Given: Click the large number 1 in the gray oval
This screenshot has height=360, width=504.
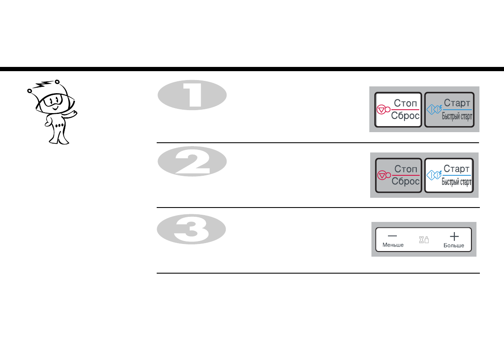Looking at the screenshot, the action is pos(193,95).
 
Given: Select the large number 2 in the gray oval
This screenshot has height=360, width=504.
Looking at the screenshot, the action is pos(192,161).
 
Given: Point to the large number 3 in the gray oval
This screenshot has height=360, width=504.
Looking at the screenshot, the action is pos(192,229).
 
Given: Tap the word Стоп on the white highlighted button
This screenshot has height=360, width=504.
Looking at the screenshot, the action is pos(405,103).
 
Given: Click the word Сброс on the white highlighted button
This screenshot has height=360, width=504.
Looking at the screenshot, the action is pos(405,116).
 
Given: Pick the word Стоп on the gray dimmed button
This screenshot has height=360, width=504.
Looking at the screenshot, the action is pos(405,169).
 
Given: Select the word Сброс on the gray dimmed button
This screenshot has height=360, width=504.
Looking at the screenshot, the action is pos(405,182).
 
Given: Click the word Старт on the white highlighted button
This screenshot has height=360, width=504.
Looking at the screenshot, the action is pos(457,169).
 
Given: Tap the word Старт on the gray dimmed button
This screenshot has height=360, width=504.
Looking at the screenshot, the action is pos(457,103).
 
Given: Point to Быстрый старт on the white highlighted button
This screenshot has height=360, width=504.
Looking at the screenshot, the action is pos(457,182).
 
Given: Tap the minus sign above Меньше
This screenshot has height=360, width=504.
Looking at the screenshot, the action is pos(393,235).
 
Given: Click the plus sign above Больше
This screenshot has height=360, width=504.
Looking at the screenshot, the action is pos(454,236).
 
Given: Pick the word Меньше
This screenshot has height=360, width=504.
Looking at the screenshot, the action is pos(393,245).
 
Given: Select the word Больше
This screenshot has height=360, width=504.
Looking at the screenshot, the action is pos(454,246).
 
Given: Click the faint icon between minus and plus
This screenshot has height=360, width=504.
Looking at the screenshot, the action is pos(424,240).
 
